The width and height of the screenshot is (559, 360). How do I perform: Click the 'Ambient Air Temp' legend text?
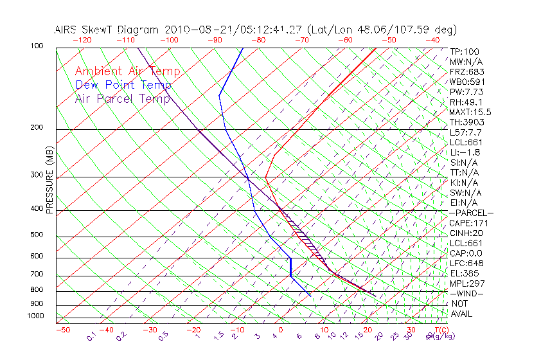(x=127, y=72)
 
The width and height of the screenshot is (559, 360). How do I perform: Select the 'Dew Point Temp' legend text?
(x=123, y=85)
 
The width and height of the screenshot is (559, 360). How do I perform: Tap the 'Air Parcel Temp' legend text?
(x=122, y=99)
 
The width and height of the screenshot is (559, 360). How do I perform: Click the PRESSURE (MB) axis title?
(x=49, y=184)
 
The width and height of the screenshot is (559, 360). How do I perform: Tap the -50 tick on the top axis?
(x=389, y=40)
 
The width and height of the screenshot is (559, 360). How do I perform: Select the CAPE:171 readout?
(x=466, y=223)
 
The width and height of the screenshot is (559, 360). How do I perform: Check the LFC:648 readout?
(x=466, y=264)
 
